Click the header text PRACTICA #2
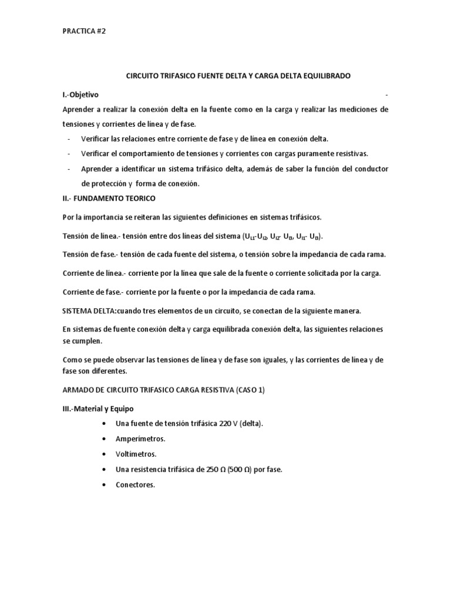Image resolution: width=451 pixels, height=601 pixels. click(84, 32)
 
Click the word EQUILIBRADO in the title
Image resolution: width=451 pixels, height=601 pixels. click(321, 77)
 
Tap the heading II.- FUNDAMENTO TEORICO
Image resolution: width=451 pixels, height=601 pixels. click(109, 198)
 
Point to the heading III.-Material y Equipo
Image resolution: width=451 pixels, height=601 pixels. click(102, 408)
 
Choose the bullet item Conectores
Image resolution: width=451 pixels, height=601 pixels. click(135, 485)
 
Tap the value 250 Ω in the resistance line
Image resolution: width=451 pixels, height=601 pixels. click(208, 470)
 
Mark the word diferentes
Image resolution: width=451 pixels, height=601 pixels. click(108, 372)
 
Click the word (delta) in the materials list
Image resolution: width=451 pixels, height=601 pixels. click(251, 423)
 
